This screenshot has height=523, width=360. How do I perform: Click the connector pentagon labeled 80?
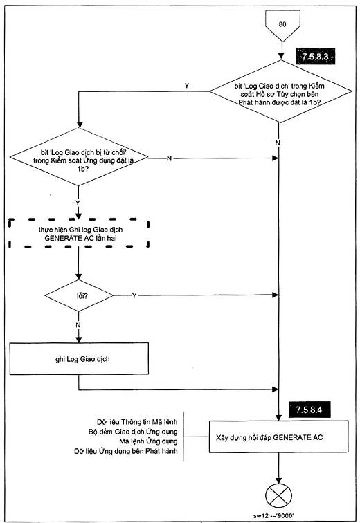pos(282,25)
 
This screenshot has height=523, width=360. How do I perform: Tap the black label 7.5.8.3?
pos(315,57)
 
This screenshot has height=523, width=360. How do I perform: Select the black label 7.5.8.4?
pos(309,410)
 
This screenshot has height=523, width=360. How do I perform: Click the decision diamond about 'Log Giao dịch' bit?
pos(280,91)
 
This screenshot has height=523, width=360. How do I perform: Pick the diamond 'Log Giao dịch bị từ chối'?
pos(79,157)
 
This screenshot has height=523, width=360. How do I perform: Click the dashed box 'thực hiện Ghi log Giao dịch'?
pos(79,233)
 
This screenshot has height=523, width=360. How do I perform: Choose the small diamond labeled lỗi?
pos(79,295)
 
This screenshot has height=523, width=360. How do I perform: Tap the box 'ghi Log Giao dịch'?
pos(79,358)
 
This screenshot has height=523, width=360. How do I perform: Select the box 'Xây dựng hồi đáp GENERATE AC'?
pos(278,437)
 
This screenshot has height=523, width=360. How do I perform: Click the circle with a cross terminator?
pos(278,496)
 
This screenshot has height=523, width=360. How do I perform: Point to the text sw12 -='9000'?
pos(273,515)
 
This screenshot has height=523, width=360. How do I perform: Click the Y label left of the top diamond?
pos(187,86)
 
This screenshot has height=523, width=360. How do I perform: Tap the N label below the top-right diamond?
pos(278,143)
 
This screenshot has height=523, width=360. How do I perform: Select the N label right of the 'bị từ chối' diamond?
pos(169,158)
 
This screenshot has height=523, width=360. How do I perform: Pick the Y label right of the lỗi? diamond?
pos(134,295)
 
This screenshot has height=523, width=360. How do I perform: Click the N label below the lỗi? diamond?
pos(78,325)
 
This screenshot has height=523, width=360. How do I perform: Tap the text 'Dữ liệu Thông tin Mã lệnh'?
pos(137,422)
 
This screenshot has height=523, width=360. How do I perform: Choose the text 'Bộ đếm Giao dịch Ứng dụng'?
pos(133,432)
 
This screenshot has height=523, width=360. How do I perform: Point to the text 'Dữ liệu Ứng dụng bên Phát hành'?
pos(126,451)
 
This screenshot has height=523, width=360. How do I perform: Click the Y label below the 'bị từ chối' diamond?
pos(78,203)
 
